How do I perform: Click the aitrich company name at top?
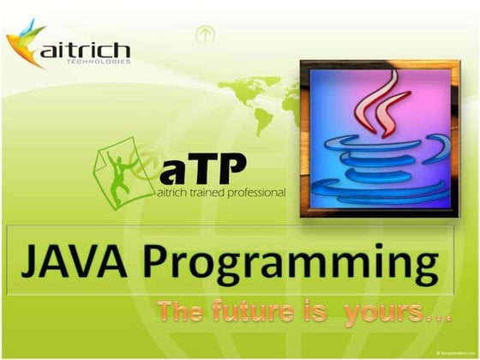85,49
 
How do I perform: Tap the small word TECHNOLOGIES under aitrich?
102,62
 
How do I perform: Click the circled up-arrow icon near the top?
204,35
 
